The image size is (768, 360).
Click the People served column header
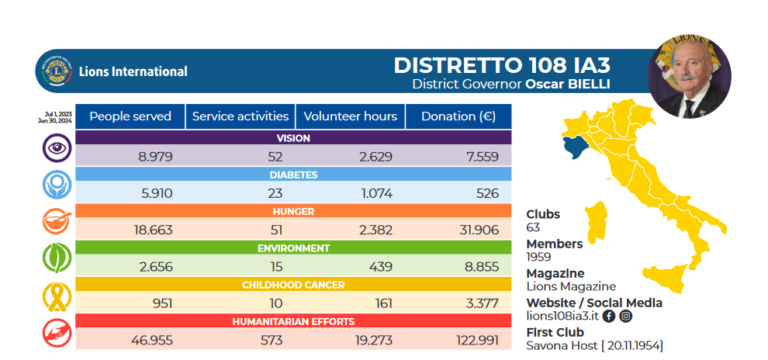(130, 116)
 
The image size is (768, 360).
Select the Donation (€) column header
(458, 116)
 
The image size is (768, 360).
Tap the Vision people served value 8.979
(155, 157)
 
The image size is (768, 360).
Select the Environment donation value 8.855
(481, 267)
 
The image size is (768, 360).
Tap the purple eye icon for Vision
(57, 147)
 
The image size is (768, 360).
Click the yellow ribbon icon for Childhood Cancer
(57, 296)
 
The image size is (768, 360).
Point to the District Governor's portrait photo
(688, 76)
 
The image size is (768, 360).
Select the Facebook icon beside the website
(609, 316)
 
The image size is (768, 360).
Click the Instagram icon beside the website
(625, 316)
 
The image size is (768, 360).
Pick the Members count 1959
(538, 257)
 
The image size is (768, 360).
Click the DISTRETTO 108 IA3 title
(496, 64)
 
